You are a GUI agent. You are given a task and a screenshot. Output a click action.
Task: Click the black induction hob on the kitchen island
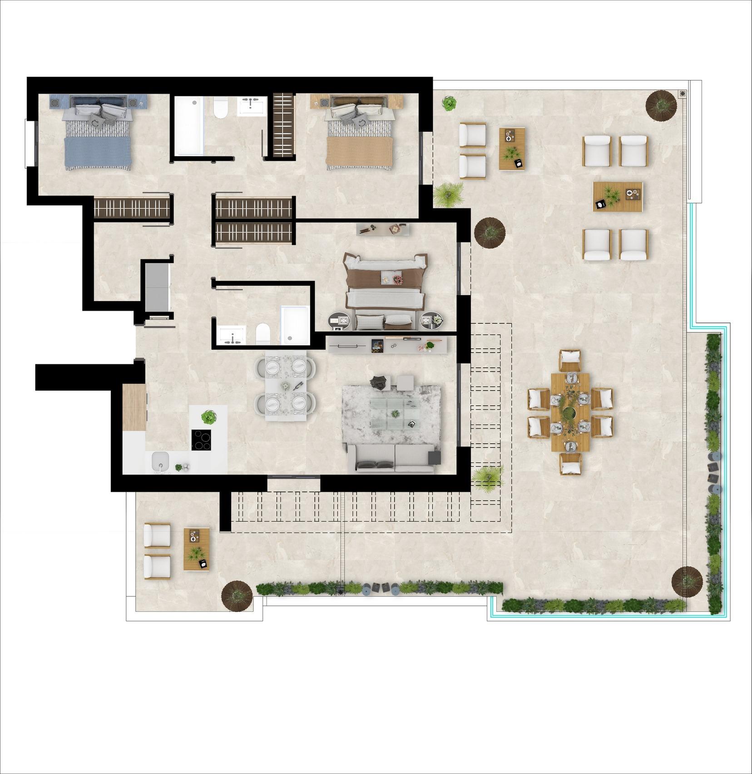coord(201,439)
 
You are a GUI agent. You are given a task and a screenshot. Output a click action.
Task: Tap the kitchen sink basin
coord(160,462)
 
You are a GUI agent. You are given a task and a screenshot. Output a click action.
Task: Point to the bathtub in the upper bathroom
coord(189,126)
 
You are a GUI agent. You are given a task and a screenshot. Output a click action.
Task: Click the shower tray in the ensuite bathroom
coord(294,325)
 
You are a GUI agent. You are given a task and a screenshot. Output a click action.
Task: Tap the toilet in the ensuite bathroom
coord(263,334)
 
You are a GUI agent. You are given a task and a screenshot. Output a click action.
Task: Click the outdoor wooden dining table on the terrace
coord(570,412)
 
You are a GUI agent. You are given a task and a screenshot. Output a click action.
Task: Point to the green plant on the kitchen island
coord(209,417)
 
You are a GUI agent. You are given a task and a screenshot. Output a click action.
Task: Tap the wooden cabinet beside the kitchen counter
coord(134,407)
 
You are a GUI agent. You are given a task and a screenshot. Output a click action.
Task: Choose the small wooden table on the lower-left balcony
coord(197,549)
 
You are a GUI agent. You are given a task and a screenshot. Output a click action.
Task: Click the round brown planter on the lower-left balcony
coord(237,596)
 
